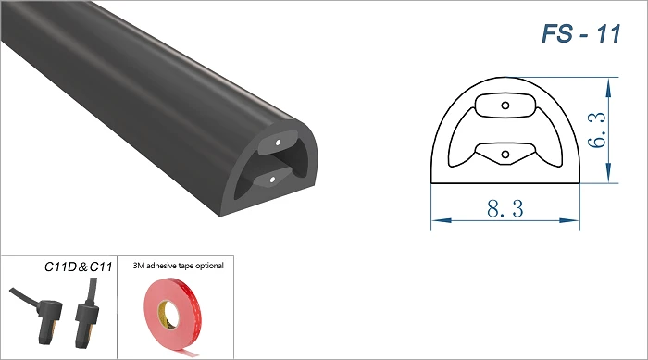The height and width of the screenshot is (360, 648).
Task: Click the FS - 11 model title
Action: (x=581, y=34)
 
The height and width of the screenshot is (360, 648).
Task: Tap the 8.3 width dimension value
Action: (x=505, y=208)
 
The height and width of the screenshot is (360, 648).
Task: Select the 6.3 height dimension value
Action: (x=597, y=130)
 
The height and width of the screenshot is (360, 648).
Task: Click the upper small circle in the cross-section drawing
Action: (x=505, y=106)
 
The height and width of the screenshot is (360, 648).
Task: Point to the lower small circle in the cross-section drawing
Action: (x=505, y=155)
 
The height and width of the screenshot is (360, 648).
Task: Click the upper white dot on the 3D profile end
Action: (x=278, y=143)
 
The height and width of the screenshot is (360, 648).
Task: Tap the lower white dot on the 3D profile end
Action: (x=272, y=180)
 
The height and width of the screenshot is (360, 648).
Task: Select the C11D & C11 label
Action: (x=78, y=267)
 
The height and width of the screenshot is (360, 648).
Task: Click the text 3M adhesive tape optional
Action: (x=178, y=266)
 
